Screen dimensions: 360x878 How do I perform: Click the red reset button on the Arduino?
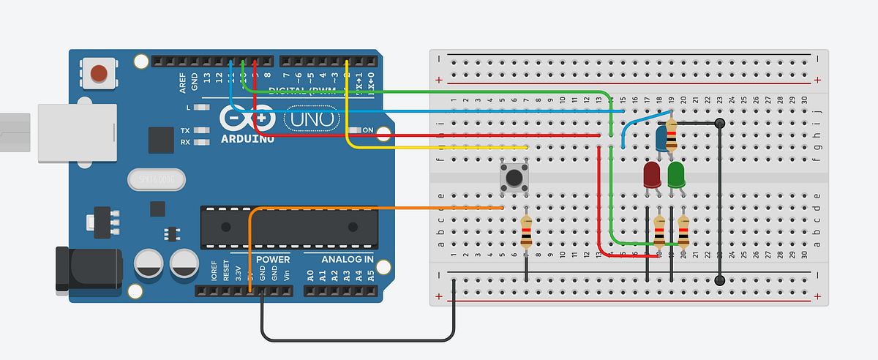(x=98, y=72)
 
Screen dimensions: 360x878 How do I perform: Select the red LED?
(x=651, y=175)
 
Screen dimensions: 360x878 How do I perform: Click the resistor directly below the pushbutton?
(x=526, y=233)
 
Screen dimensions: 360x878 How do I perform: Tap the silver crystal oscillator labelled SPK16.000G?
(x=154, y=179)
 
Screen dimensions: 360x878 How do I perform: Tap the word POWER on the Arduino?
(x=271, y=260)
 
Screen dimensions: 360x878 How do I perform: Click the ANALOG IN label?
(x=348, y=260)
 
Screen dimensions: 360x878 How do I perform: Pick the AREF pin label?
(x=182, y=81)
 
